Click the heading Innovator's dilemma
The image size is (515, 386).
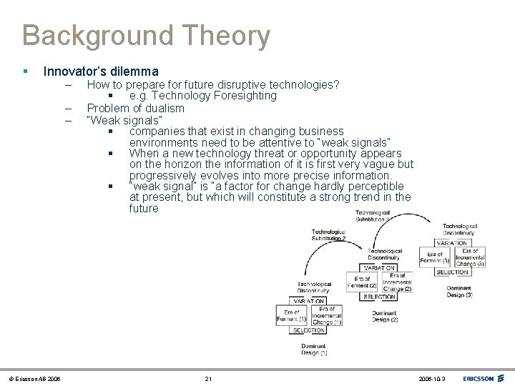point(101,71)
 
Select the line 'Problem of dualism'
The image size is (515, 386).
point(135,109)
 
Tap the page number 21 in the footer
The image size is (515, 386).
point(208,378)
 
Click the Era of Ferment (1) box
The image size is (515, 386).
point(292,315)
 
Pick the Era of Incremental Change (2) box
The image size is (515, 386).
point(397,282)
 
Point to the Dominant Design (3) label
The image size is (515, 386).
point(459,291)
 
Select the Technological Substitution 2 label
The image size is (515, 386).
point(328,234)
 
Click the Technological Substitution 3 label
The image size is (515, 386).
point(373,216)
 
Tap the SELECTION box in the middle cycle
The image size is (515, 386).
point(379,297)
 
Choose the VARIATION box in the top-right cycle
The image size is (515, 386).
point(452,243)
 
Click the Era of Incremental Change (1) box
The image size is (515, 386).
point(327,315)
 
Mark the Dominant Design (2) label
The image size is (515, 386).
point(385,316)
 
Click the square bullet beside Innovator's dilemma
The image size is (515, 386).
point(25,72)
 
